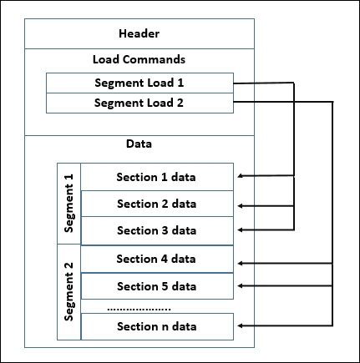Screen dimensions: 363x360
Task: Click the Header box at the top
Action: [x=139, y=34]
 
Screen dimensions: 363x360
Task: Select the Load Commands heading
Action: [x=139, y=59]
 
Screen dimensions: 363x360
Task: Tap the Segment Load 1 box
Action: [x=138, y=83]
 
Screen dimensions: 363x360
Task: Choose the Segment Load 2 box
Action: [x=138, y=103]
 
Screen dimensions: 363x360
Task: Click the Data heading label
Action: [x=139, y=144]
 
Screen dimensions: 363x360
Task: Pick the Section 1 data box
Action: [x=156, y=176]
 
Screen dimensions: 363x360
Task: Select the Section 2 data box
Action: [x=156, y=204]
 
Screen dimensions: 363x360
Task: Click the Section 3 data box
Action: [x=156, y=230]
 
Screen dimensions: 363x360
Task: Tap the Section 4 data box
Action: [x=156, y=259]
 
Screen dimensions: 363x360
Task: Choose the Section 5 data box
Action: [x=156, y=286]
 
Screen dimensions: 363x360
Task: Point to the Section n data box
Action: [x=156, y=325]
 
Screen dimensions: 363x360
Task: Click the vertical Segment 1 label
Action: [x=69, y=204]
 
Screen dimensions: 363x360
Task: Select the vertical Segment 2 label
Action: [x=69, y=292]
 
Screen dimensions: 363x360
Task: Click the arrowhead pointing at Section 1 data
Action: [x=241, y=176]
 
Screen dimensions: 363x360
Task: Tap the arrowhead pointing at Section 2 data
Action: [x=241, y=204]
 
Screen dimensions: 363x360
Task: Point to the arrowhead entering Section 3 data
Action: [x=241, y=230]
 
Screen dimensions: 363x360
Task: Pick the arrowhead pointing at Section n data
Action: [x=241, y=325]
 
